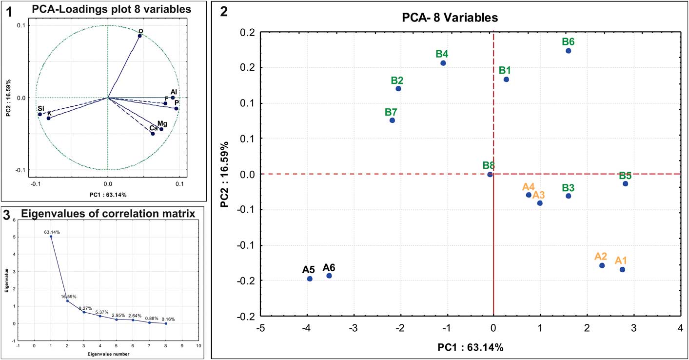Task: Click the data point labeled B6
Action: coord(568,51)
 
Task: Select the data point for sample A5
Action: coord(310,279)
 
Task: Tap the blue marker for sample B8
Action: coord(490,174)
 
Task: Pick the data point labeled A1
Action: coord(622,269)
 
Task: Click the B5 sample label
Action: coord(626,176)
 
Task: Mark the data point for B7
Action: coord(392,120)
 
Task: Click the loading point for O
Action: coord(139,36)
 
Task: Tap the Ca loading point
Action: coord(153,133)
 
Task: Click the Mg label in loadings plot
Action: coord(162,124)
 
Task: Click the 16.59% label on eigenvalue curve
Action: coord(68,296)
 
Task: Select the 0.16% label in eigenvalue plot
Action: coord(167,320)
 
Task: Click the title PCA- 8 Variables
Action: coord(445,18)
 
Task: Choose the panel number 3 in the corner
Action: coord(6,214)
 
